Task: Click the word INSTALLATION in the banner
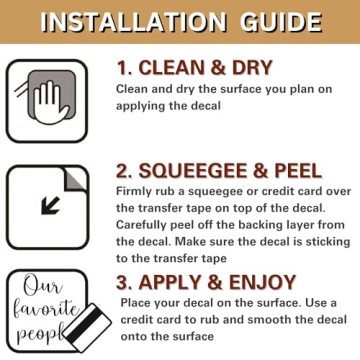[x=133, y=22]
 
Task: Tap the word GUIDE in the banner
[x=281, y=22]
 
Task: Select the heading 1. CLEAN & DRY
[x=194, y=68]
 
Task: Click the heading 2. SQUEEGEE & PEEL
[x=219, y=171]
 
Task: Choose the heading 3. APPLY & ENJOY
[x=206, y=282]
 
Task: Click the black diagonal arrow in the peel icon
[x=50, y=206]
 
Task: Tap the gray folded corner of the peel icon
[x=75, y=179]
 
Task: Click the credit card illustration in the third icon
[x=88, y=326]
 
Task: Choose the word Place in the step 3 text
[x=135, y=303]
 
